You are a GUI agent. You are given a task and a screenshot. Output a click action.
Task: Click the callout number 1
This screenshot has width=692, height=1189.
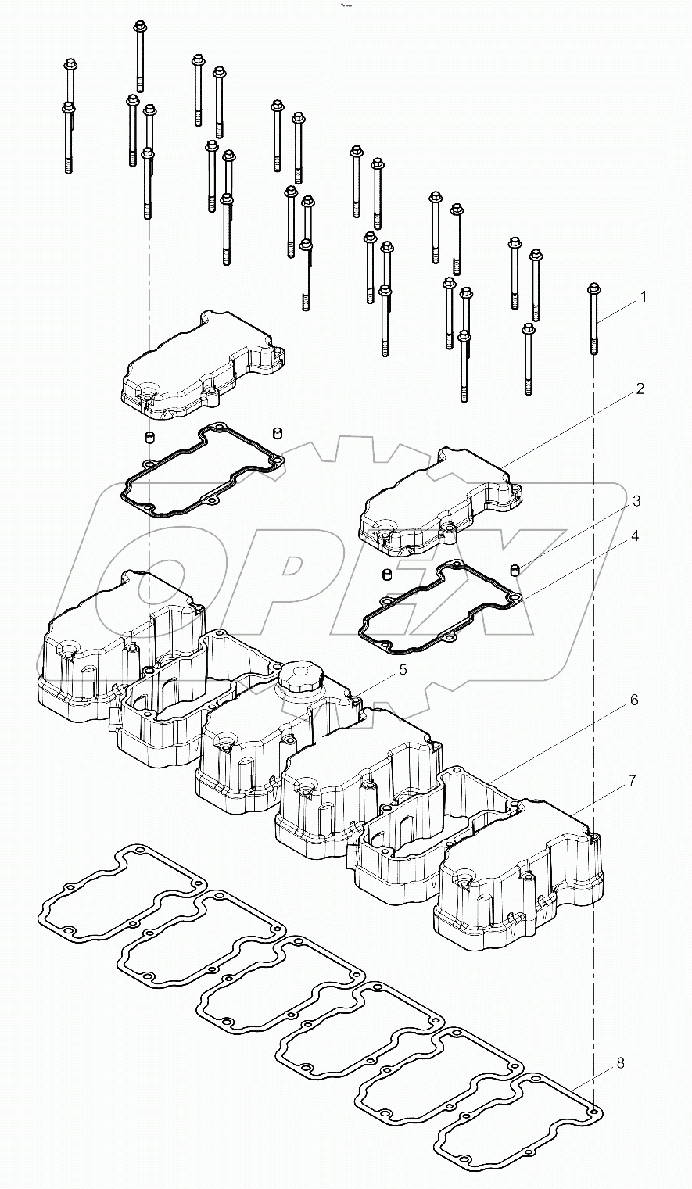point(644,297)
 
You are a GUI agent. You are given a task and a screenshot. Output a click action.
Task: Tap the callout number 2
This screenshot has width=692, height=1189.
point(640,389)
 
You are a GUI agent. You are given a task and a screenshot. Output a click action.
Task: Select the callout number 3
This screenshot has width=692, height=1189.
point(636,500)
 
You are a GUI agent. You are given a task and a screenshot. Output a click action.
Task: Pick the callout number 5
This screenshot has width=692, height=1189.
point(403,669)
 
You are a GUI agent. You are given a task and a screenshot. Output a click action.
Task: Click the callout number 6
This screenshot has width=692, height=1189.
point(633,700)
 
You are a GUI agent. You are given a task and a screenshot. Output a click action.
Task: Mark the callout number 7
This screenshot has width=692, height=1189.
point(632,780)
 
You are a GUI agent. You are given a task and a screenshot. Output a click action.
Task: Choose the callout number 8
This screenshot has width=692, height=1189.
point(620,1063)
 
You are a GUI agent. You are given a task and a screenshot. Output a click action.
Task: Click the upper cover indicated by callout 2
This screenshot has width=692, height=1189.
point(438,500)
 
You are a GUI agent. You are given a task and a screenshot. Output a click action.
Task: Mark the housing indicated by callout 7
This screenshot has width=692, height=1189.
point(516,883)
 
